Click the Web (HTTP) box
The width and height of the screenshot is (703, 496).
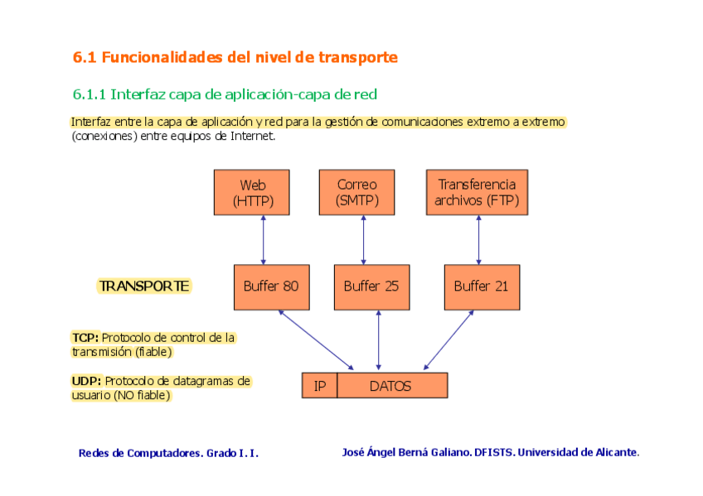coord(253,192)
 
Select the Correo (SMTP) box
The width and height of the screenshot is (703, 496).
coord(356,192)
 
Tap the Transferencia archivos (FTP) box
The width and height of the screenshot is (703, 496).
coord(477,192)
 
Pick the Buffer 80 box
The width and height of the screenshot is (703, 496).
coord(271,287)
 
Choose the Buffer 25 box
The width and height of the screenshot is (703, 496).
coord(371,287)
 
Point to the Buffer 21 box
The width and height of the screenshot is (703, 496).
coord(481,287)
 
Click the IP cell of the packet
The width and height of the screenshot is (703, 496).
coord(320,386)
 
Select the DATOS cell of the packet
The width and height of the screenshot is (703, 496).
coord(391,386)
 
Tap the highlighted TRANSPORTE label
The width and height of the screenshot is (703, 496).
coord(144,287)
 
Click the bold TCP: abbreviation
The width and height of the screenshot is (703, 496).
coord(85,338)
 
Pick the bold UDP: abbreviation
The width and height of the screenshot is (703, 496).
coord(86,381)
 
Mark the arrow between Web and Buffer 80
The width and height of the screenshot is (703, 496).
coord(264,240)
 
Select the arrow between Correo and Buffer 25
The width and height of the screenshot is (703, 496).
coord(363,240)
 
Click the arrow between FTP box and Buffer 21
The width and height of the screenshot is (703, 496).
coord(478,240)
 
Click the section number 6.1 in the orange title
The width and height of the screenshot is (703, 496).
coord(85,58)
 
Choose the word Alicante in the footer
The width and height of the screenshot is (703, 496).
coord(617,452)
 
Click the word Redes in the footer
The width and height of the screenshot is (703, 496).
coord(94,453)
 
